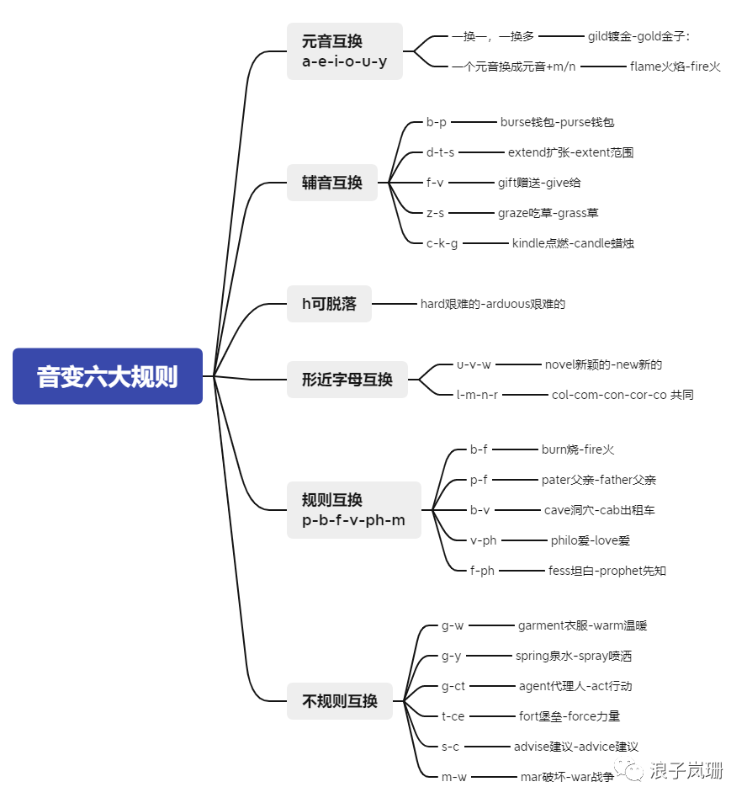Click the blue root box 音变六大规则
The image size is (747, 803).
click(108, 376)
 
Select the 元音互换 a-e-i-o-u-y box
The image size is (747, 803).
click(344, 51)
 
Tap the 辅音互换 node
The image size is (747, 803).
click(332, 183)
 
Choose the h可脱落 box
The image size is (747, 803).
click(329, 304)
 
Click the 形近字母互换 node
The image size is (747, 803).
click(347, 380)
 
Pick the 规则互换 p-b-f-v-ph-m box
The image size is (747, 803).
click(353, 510)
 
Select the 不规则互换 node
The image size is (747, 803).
click(339, 701)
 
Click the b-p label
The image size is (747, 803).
click(437, 122)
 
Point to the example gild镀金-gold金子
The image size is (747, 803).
click(639, 36)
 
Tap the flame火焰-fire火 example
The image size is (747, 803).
click(675, 66)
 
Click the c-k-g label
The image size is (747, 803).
click(442, 243)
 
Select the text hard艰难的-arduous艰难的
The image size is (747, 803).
click(493, 304)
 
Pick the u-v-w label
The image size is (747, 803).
click(474, 364)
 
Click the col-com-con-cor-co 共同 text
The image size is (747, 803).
click(622, 395)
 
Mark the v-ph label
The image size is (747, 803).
click(484, 540)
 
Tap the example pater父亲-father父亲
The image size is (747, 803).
click(599, 480)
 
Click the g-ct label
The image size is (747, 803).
click(453, 686)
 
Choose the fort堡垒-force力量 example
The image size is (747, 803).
click(570, 716)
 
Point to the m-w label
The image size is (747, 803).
click(453, 777)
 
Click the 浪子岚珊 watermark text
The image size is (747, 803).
click(686, 770)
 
